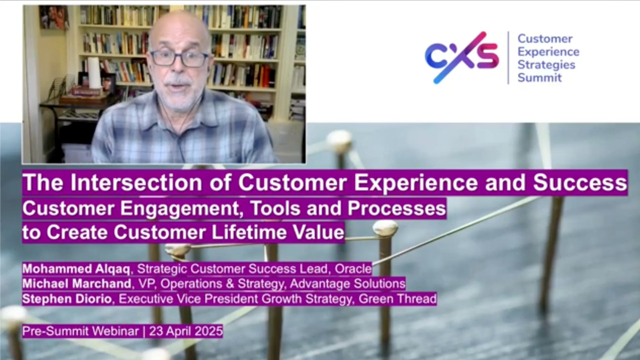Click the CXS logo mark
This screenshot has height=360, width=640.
462,57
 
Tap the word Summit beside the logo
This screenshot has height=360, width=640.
539,78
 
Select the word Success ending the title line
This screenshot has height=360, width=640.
580,182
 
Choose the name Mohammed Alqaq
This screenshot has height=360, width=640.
76,269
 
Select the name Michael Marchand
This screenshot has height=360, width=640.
77,284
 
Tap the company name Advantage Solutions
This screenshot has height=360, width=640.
348,284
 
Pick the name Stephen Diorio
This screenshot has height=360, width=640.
67,299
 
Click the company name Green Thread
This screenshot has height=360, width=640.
398,299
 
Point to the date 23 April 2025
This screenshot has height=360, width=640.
186,331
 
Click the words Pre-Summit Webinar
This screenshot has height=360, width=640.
80,331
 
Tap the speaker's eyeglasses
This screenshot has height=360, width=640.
179,59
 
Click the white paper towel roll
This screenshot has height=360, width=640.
94,72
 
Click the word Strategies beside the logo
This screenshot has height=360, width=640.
546,65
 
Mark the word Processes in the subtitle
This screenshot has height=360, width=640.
397,209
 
